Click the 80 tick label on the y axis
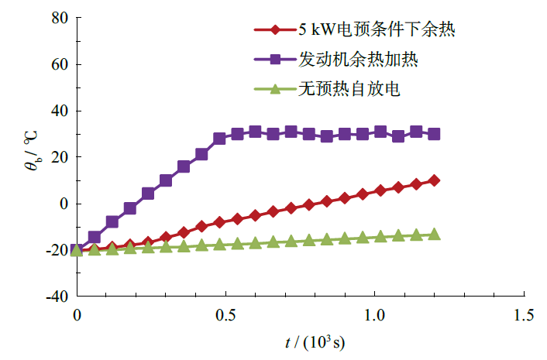point(59,18)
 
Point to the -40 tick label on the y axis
point(56,297)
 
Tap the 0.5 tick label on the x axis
point(225,315)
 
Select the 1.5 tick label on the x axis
point(525,315)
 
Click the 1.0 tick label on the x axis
point(375,315)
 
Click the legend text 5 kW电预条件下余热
point(376,30)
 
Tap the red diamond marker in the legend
point(274,30)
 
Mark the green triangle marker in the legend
point(274,89)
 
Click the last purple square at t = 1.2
point(434,134)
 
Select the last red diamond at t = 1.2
point(434,180)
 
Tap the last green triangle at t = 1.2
point(434,234)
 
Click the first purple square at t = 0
point(77,250)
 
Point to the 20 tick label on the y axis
point(59,157)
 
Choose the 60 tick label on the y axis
point(59,64)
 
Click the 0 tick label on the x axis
point(76,315)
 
